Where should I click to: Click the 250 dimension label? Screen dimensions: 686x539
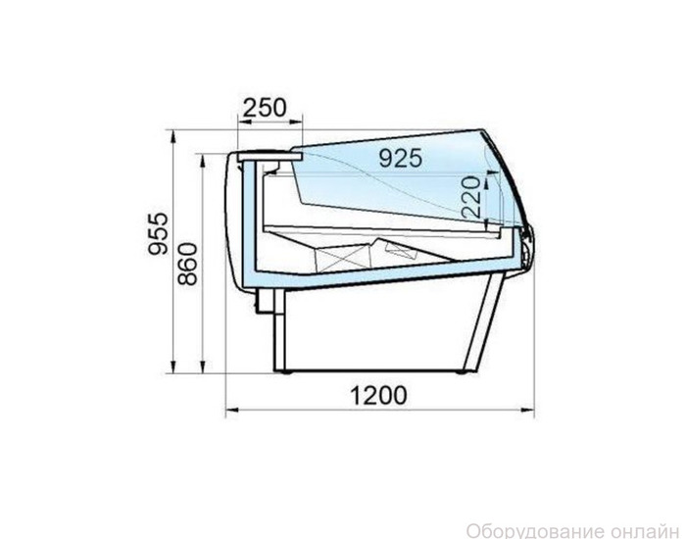[265, 107]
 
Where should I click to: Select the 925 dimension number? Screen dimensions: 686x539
[401, 158]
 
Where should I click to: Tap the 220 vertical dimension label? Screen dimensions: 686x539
[471, 197]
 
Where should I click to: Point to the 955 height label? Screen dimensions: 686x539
[158, 234]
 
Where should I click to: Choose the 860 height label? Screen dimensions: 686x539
[188, 265]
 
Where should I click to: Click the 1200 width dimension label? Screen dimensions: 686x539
[378, 396]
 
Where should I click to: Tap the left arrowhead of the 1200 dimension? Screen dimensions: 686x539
[231, 410]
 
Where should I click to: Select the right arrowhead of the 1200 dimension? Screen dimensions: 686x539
[528, 410]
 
